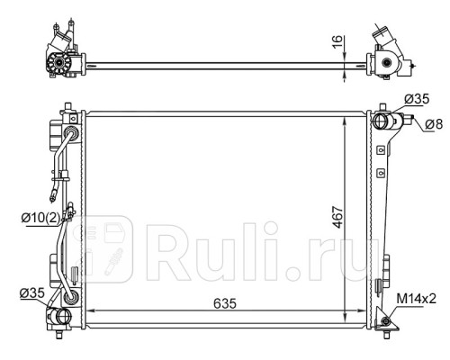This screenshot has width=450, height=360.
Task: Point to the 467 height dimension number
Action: [335, 220]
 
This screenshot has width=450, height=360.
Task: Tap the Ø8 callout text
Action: [432, 124]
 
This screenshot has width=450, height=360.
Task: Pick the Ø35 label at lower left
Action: [32, 292]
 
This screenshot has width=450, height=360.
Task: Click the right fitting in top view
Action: [390, 63]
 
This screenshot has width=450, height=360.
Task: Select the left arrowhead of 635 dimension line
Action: [93, 314]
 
